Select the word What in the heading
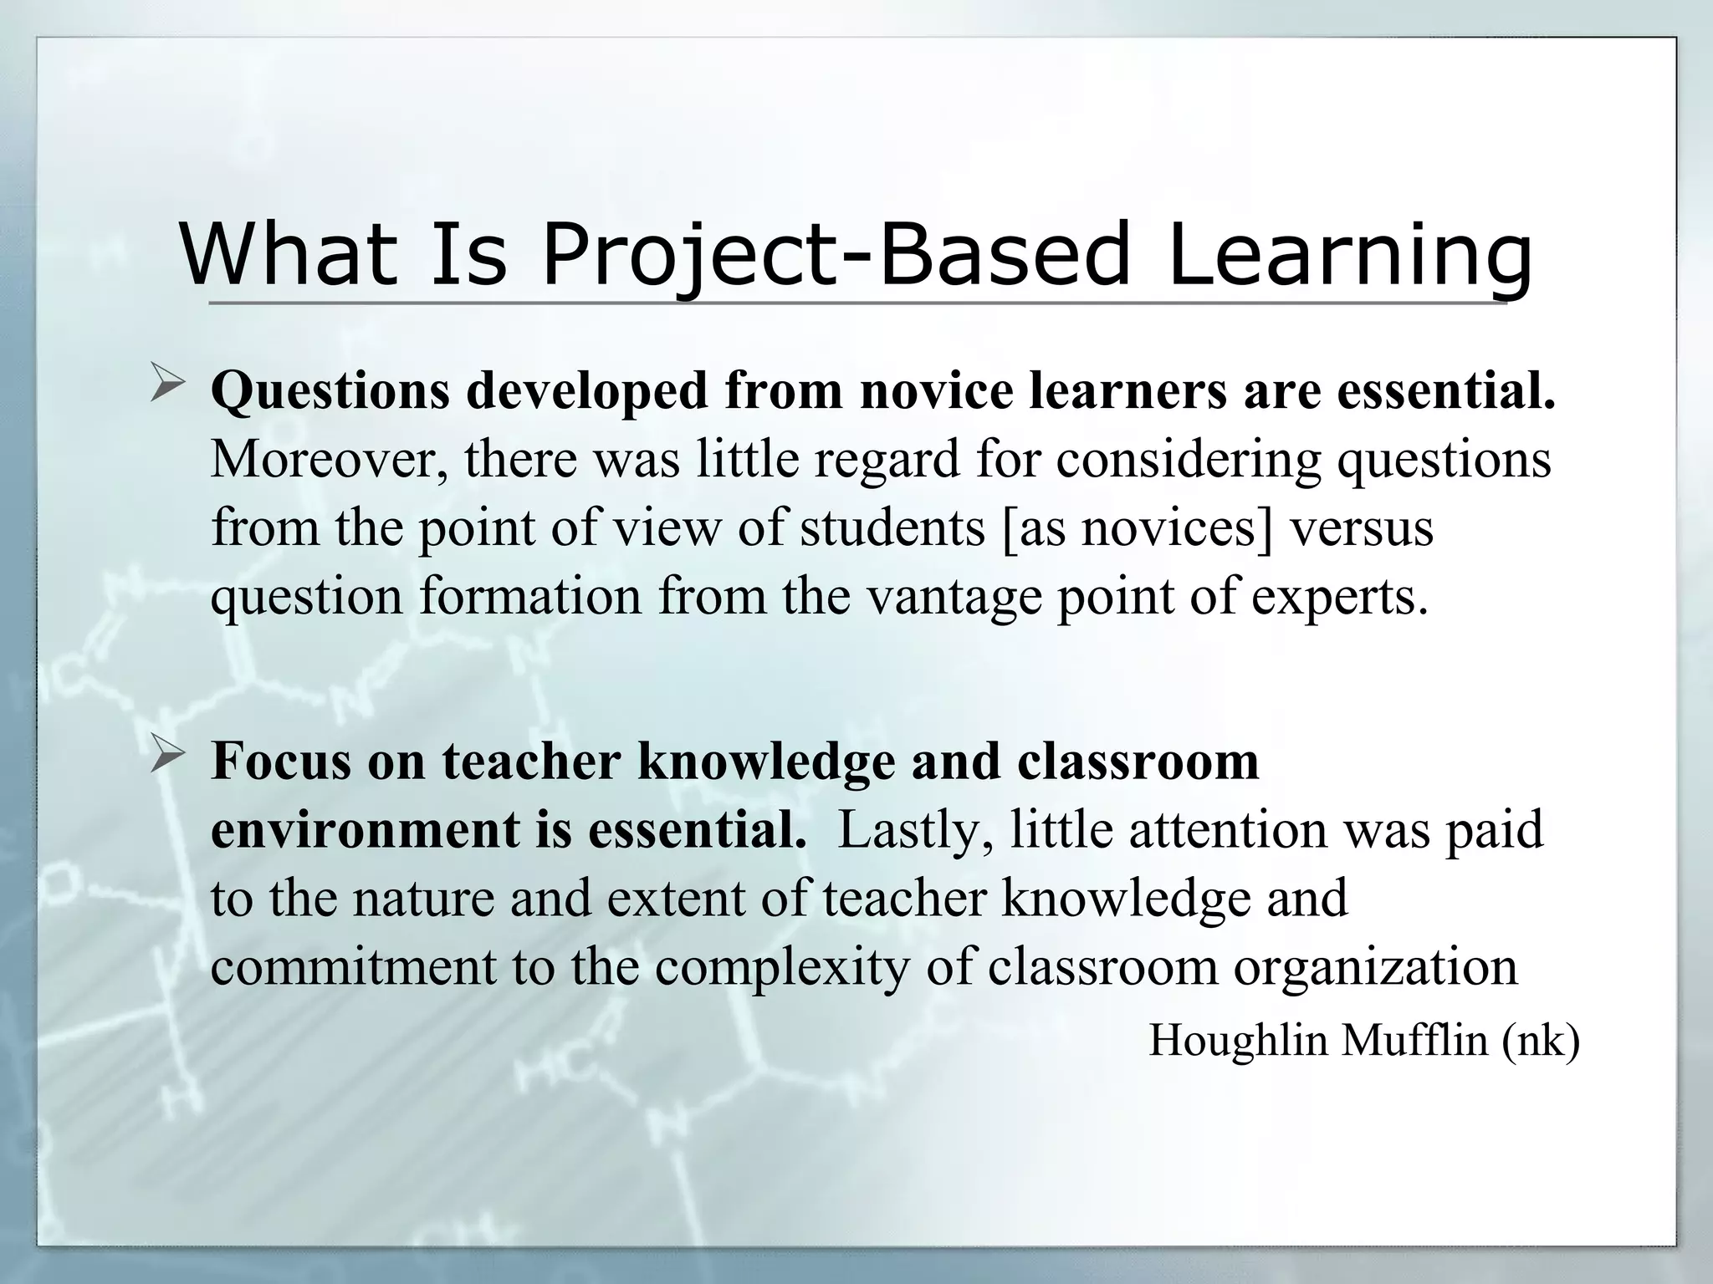[288, 253]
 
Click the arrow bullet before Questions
[166, 388]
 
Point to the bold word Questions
[330, 391]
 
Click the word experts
[1339, 599]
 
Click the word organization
[1375, 967]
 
